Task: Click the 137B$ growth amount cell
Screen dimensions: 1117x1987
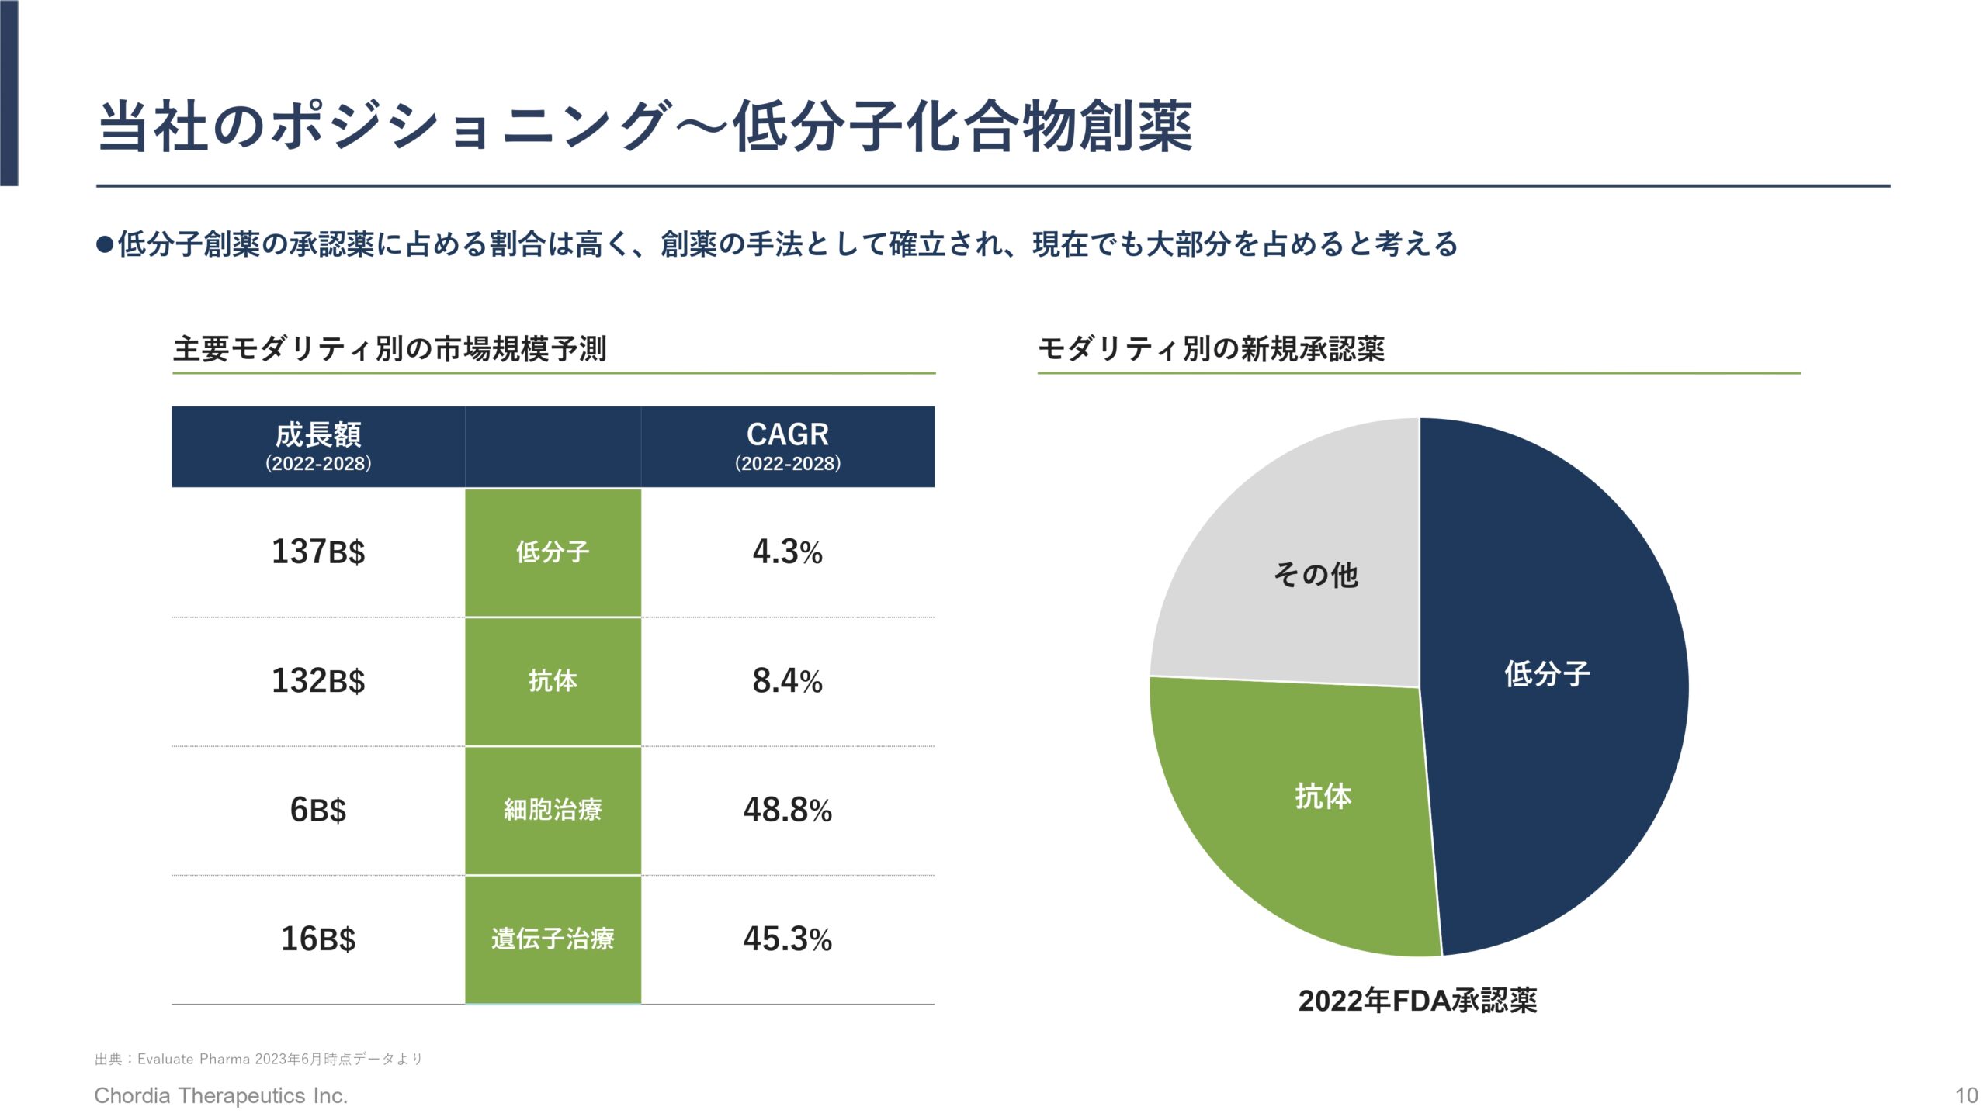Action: (318, 552)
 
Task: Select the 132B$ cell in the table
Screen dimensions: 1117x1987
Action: (318, 681)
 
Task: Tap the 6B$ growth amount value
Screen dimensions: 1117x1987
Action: (318, 810)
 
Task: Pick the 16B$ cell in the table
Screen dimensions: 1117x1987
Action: (318, 939)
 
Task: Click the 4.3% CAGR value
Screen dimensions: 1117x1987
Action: (787, 552)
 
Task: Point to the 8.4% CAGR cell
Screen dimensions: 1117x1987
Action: (787, 681)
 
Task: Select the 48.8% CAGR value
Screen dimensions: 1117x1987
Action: (787, 810)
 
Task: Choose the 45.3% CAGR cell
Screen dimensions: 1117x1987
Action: (787, 939)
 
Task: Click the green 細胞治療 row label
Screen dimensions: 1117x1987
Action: (553, 810)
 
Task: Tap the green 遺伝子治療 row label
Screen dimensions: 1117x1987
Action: (553, 939)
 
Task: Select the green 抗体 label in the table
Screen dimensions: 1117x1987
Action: (553, 681)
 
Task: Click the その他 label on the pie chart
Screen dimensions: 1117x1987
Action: (1316, 575)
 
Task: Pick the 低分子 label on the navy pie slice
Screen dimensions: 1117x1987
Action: (1547, 673)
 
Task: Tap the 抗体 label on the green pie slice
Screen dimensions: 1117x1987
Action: (1323, 796)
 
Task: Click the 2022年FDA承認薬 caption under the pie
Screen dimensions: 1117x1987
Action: (1417, 1001)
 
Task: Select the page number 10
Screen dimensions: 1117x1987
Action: (1966, 1095)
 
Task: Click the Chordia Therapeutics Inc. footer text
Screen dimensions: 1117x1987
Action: (221, 1095)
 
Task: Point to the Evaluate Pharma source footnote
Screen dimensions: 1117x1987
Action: (258, 1059)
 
